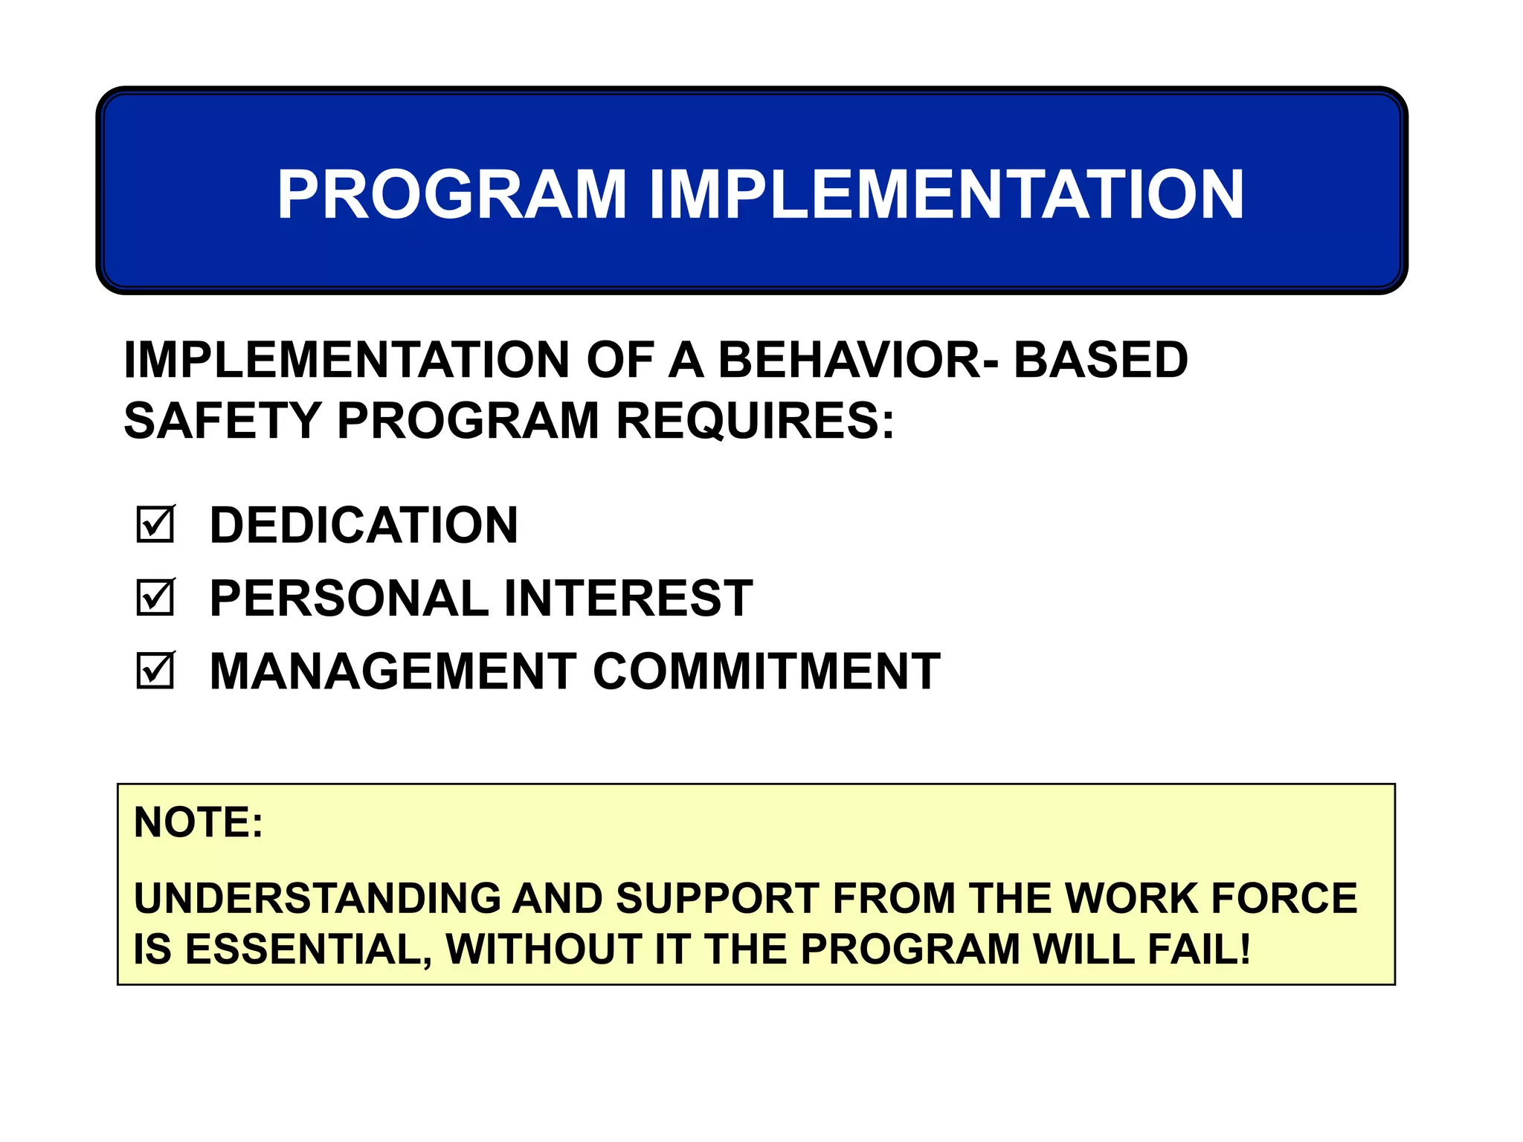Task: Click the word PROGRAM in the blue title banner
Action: [x=452, y=195]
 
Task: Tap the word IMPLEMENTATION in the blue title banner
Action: [x=946, y=195]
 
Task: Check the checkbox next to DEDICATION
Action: [x=155, y=525]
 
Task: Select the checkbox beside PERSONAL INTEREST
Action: [x=155, y=598]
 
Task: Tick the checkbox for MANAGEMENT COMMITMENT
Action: [x=155, y=671]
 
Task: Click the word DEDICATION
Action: [x=364, y=525]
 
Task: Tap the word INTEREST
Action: [x=628, y=598]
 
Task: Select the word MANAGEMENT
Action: [x=393, y=671]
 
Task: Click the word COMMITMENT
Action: [x=767, y=671]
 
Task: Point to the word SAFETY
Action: [x=222, y=421]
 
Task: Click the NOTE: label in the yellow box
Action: [x=198, y=822]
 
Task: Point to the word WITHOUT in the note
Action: [x=544, y=949]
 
